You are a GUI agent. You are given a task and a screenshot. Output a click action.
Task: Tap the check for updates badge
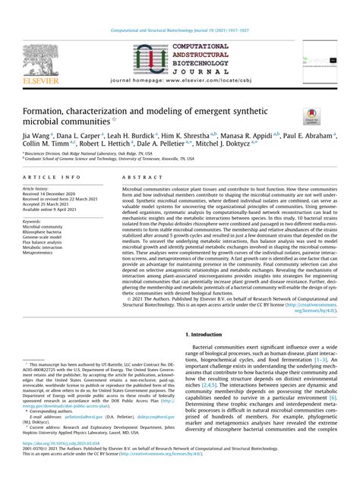pyautogui.click(x=311, y=116)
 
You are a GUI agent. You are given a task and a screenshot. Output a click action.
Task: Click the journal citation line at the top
pyautogui.click(x=179, y=9)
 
